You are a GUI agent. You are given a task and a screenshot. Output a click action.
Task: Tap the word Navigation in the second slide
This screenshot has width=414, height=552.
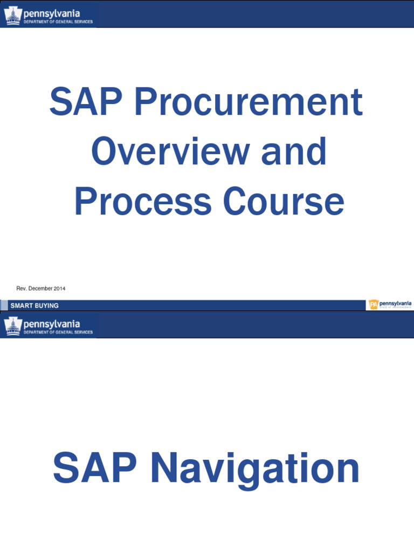coord(252,468)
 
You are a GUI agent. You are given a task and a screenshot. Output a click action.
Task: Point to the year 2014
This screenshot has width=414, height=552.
coord(59,289)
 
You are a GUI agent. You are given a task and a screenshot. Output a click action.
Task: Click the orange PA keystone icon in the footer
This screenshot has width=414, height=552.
coord(373,305)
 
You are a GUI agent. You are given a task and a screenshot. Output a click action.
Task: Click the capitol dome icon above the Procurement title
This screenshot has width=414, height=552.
coord(12,15)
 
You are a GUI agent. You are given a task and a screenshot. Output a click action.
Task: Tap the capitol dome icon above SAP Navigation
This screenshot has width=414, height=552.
coord(12,326)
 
